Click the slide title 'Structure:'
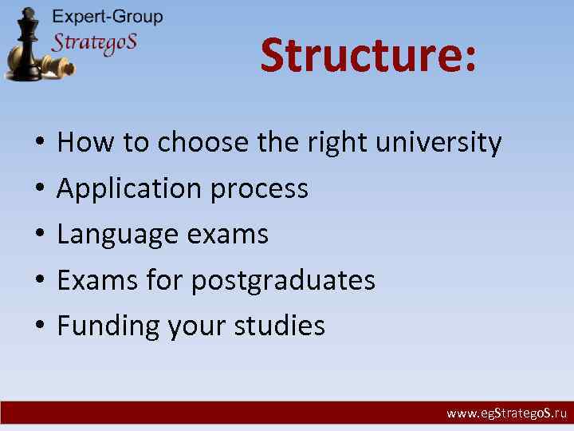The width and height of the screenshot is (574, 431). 368,56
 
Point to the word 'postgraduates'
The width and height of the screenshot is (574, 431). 283,280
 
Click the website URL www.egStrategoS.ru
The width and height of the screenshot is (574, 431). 506,413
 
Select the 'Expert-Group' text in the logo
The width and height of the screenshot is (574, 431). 107,16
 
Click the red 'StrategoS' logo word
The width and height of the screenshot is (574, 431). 94,42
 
